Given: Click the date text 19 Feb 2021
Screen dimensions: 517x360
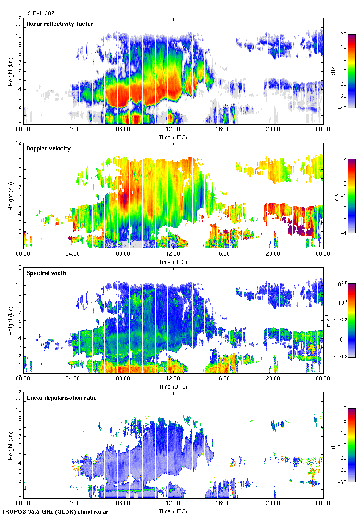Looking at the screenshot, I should click(42, 14).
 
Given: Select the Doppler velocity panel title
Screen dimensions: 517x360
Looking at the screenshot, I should click(48, 149).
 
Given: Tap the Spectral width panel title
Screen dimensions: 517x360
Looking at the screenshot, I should click(46, 273).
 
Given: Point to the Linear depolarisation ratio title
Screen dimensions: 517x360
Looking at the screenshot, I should click(61, 398).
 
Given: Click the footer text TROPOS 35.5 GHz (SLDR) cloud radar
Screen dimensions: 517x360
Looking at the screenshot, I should click(55, 512).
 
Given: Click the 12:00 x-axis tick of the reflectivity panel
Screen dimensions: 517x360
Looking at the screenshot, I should click(173, 130).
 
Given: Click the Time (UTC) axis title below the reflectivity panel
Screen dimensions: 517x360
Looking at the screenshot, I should click(173, 138).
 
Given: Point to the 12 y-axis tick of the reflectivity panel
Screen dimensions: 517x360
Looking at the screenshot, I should click(18, 18).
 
